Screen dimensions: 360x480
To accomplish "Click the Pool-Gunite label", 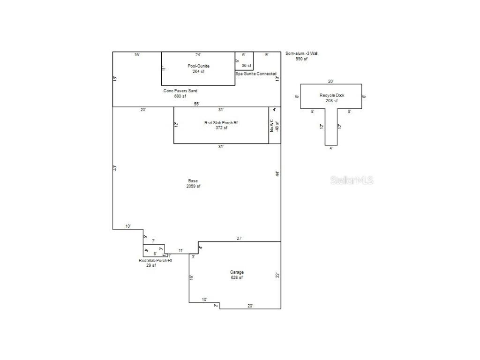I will [x=198, y=66].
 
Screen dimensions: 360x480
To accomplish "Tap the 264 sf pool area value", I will [x=198, y=72].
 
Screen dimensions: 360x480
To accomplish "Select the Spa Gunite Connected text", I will [x=256, y=74].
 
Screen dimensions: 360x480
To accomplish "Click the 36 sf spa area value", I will [x=247, y=66].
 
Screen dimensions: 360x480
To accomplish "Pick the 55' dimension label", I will [x=197, y=104].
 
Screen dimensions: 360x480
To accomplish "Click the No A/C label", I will [x=271, y=125].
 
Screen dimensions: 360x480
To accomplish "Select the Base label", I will [x=193, y=181].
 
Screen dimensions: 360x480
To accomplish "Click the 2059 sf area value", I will [x=193, y=187].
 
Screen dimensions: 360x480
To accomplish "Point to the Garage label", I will [x=237, y=272].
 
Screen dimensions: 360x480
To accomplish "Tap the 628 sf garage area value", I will [x=237, y=278].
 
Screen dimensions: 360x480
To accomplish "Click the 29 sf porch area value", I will [x=151, y=265].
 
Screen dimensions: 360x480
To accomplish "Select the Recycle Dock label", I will [x=332, y=95].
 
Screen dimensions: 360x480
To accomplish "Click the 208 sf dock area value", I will [x=332, y=101].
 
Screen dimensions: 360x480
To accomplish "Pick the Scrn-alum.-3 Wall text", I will [x=305, y=54].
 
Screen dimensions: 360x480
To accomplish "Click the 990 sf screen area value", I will [x=301, y=59].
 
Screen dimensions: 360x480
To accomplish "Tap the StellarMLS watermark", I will [x=352, y=180].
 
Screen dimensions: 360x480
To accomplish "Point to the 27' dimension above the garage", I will [x=239, y=239].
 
